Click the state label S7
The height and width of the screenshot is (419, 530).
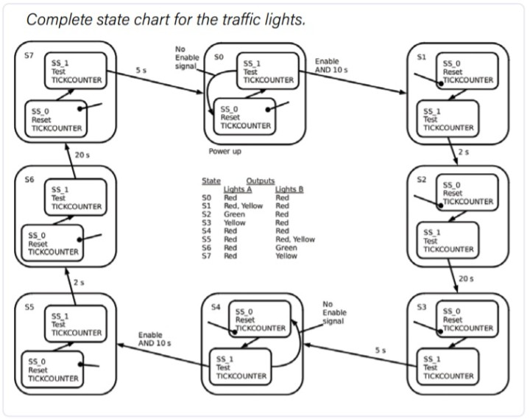[x=29, y=56]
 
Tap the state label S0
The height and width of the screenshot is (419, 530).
[x=219, y=56]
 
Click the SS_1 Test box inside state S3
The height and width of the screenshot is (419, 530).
[x=449, y=365]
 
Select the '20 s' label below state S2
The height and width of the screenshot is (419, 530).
[x=465, y=278]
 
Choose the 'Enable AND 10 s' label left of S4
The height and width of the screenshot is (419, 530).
[x=155, y=339]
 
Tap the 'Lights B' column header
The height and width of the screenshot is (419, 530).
[x=289, y=189]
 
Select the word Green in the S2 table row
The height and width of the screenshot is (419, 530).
[x=234, y=214]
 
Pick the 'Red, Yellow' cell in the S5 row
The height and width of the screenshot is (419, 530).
[x=294, y=239]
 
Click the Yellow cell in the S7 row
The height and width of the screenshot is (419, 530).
[x=286, y=256]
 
